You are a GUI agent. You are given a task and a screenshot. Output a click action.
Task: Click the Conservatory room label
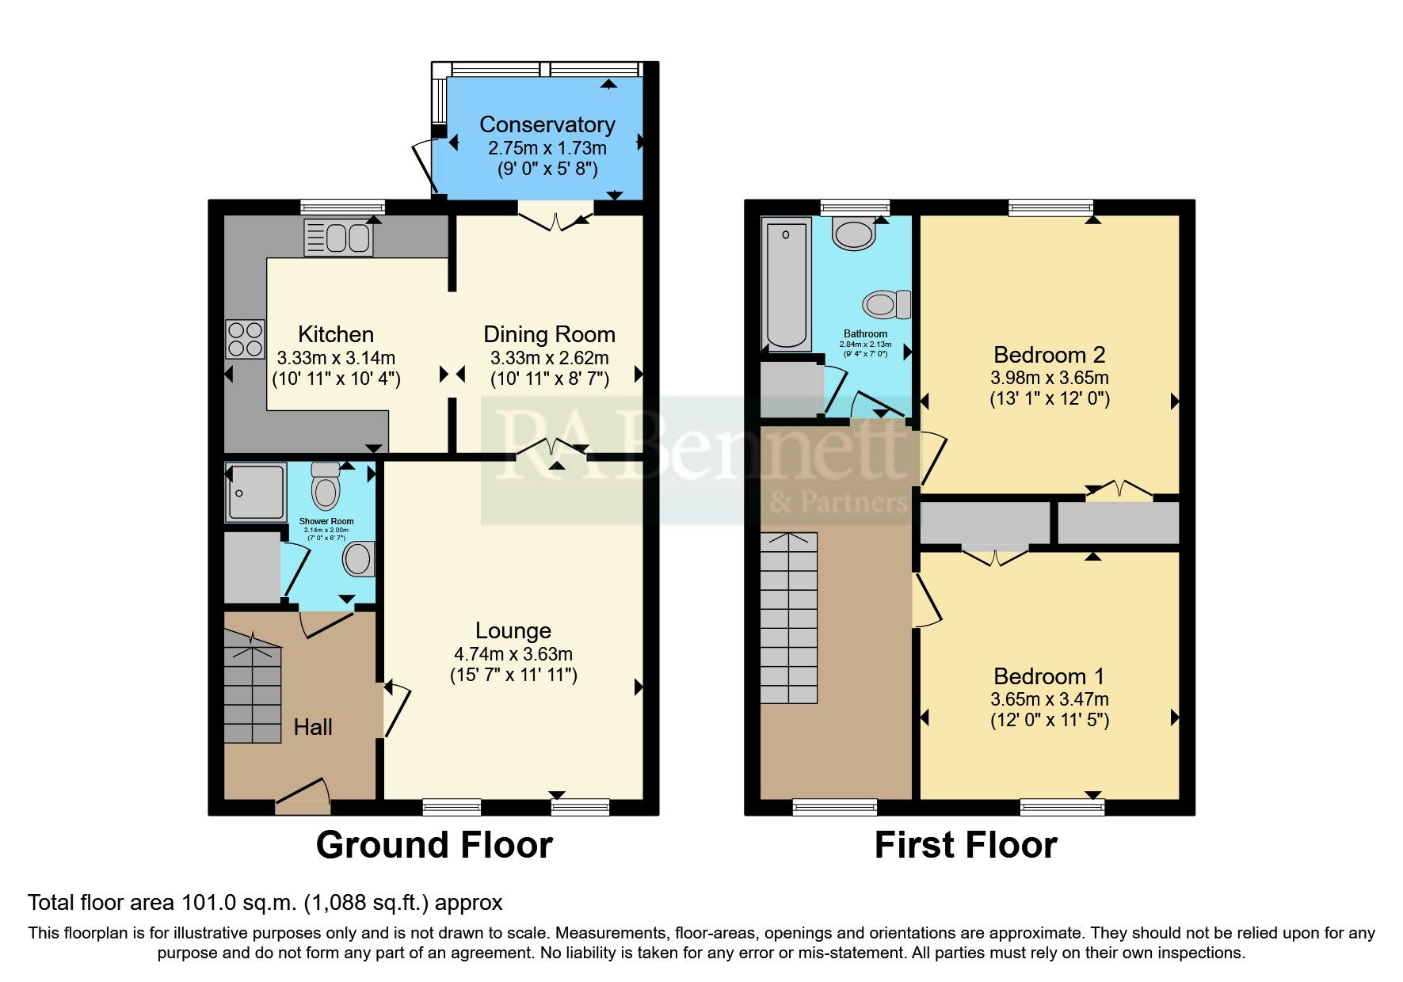click(x=547, y=125)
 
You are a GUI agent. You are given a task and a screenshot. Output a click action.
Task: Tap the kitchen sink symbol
click(x=338, y=238)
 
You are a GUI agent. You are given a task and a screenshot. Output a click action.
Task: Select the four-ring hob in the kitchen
click(x=245, y=338)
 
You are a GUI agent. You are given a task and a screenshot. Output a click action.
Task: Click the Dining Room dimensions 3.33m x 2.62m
click(x=549, y=358)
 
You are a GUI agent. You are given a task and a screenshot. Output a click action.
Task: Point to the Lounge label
click(x=513, y=630)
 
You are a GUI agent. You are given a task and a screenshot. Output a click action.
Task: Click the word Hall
click(x=313, y=727)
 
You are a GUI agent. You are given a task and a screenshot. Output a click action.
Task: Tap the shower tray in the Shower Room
click(x=255, y=493)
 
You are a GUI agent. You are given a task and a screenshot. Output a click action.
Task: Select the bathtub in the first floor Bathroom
click(x=786, y=284)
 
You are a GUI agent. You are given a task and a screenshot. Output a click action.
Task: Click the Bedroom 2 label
click(x=1049, y=355)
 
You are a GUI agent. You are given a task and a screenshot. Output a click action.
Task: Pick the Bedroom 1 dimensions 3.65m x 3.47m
click(x=1049, y=699)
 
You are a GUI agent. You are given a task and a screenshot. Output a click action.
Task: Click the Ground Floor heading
click(x=434, y=845)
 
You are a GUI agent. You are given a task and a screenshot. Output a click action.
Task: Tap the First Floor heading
click(x=965, y=845)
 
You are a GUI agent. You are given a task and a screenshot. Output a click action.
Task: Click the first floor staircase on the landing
click(x=789, y=618)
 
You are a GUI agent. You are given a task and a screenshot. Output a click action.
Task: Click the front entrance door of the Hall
click(x=302, y=796)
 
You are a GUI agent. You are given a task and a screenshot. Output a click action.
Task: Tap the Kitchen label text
click(x=335, y=334)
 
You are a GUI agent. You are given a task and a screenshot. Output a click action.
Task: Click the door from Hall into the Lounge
click(x=396, y=709)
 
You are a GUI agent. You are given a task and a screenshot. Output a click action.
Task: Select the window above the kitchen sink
click(x=342, y=207)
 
